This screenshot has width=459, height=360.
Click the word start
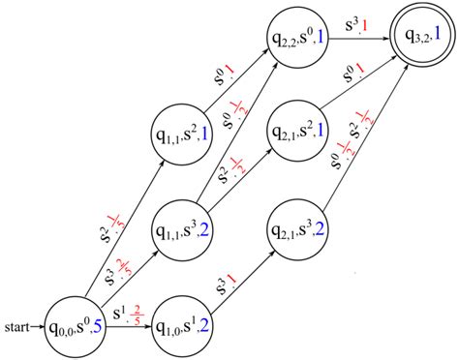(16, 326)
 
